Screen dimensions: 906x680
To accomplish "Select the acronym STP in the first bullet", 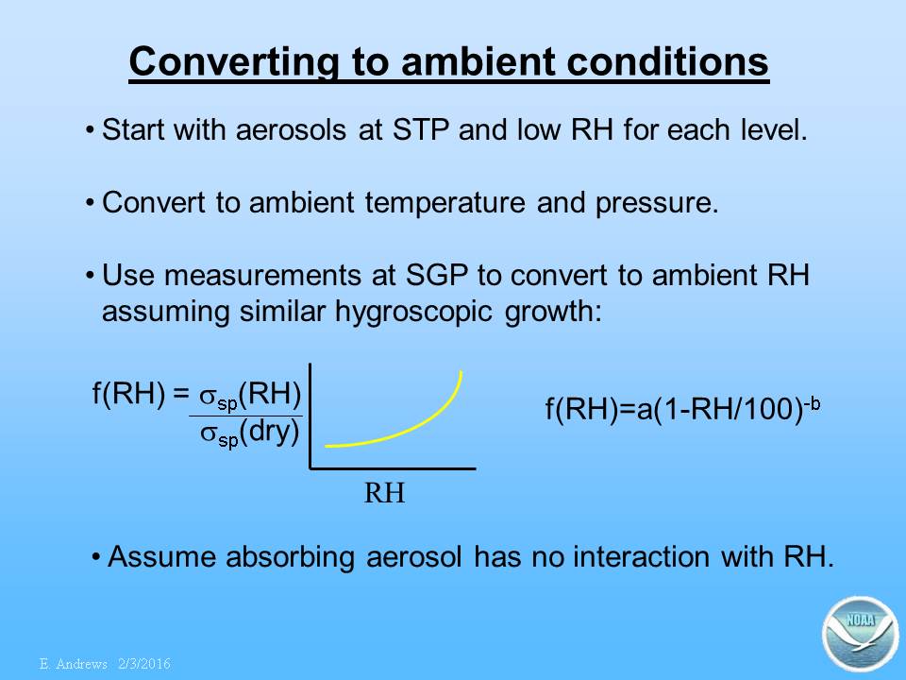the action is pyautogui.click(x=421, y=129).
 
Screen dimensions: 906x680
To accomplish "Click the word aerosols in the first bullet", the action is pyautogui.click(x=291, y=129).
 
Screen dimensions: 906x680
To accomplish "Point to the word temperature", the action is pyautogui.click(x=445, y=202).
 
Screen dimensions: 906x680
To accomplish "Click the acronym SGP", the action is pyautogui.click(x=437, y=275).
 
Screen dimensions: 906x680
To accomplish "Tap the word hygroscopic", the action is pyautogui.click(x=413, y=312).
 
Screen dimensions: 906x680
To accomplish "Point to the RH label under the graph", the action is pyautogui.click(x=384, y=493).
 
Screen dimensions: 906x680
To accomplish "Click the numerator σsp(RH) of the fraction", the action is pyautogui.click(x=250, y=396).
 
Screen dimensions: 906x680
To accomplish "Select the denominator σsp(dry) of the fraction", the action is pyautogui.click(x=250, y=433).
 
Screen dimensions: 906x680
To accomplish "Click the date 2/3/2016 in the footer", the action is pyautogui.click(x=144, y=664).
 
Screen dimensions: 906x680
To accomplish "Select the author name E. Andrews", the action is pyautogui.click(x=74, y=664).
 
